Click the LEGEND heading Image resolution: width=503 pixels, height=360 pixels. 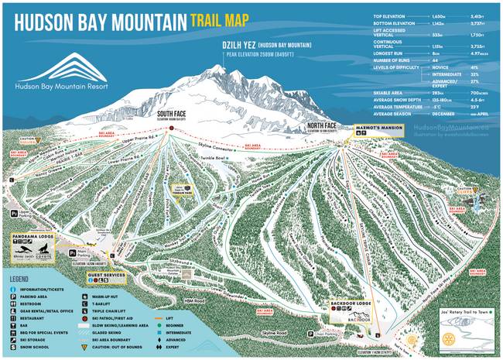(x=24, y=277)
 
